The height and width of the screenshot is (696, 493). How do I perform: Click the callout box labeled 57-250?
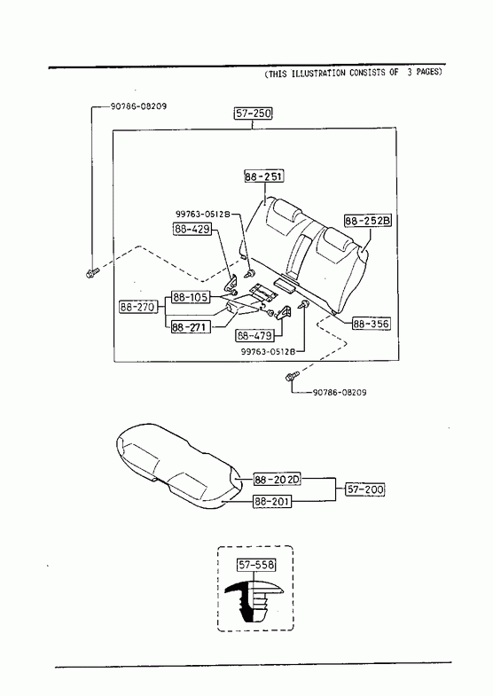tap(253, 113)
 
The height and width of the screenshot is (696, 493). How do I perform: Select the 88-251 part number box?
tap(264, 176)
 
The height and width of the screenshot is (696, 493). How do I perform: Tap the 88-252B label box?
tap(368, 220)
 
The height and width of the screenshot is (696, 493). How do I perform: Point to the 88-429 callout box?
tap(192, 229)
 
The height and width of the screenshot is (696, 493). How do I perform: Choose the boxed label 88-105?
tap(191, 297)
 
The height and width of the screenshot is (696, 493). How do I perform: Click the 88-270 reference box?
tap(138, 307)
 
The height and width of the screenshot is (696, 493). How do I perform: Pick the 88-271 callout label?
tap(191, 327)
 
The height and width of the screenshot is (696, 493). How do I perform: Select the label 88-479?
tap(254, 335)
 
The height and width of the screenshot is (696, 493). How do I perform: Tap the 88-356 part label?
tap(371, 324)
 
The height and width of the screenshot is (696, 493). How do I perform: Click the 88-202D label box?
tap(278, 480)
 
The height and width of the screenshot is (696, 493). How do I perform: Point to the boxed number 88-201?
tap(272, 502)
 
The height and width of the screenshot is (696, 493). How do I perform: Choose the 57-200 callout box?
tap(364, 489)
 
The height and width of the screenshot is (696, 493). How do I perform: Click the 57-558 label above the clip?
tap(256, 565)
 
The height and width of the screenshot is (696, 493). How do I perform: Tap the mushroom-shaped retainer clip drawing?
tap(254, 600)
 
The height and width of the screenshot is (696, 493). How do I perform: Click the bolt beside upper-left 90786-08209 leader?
tap(93, 272)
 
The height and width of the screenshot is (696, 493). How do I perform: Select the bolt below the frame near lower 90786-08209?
tap(291, 377)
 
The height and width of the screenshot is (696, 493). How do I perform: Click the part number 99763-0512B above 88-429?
tap(202, 214)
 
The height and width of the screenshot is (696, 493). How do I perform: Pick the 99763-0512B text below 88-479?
tap(268, 351)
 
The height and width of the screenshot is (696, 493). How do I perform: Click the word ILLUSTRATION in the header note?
tap(318, 74)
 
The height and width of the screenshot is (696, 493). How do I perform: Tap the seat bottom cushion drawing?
tap(177, 466)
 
